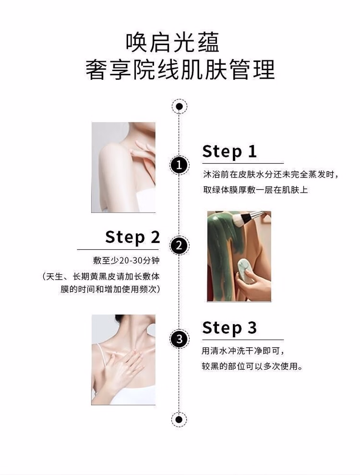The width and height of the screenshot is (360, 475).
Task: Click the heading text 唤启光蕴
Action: pos(172,43)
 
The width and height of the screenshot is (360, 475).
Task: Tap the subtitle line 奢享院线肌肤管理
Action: pos(180,70)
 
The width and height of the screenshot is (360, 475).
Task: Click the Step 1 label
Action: pos(229,151)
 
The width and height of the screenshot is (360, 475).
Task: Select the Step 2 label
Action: pos(132,237)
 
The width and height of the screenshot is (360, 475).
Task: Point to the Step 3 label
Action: pos(229,328)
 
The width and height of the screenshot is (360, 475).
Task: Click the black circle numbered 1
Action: pos(179,165)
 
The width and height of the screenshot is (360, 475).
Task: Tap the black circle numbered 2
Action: pos(179,245)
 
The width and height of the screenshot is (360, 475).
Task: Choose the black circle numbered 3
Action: pos(179,339)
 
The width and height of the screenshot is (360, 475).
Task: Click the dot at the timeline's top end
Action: pos(179,107)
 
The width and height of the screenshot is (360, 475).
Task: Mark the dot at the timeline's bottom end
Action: pos(179,420)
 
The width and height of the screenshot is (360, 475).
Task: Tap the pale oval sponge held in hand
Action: pos(246,270)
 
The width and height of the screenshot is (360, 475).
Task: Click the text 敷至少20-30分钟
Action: pos(126,260)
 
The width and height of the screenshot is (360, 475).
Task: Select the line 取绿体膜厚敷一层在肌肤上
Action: pos(255,190)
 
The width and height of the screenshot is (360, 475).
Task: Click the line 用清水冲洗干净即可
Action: pos(243,352)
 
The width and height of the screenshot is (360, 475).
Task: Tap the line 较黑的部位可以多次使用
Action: pos(252,366)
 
